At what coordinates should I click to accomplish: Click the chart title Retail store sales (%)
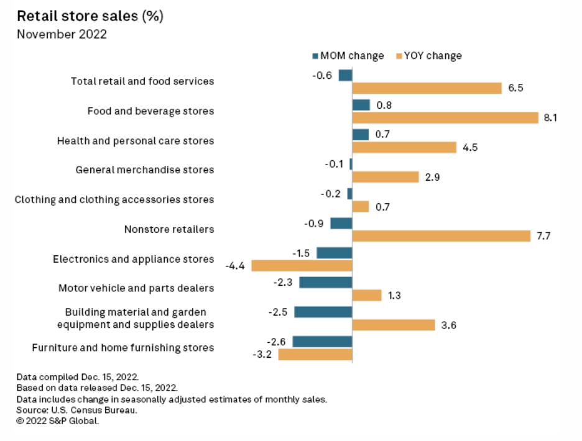(90, 17)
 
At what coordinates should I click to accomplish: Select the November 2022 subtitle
(62, 34)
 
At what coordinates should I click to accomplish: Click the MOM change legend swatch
(315, 56)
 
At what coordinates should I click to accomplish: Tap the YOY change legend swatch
(399, 56)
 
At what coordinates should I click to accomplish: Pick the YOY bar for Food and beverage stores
(445, 117)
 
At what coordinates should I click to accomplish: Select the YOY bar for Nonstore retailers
(441, 236)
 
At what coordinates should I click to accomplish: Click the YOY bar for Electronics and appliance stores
(302, 266)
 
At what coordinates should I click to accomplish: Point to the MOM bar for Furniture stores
(322, 342)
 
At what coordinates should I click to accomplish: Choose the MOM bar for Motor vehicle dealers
(325, 283)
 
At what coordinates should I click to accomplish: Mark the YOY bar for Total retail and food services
(427, 88)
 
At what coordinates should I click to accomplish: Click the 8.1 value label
(550, 117)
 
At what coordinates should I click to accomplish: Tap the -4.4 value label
(236, 266)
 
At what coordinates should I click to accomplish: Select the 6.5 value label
(515, 88)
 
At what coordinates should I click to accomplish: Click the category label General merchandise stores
(144, 170)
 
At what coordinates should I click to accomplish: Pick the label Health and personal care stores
(135, 140)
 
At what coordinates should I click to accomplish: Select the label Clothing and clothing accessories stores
(114, 199)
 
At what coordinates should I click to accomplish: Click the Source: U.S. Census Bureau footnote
(76, 410)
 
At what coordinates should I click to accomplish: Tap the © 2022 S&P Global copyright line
(58, 421)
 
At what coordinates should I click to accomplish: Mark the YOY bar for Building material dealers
(393, 325)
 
